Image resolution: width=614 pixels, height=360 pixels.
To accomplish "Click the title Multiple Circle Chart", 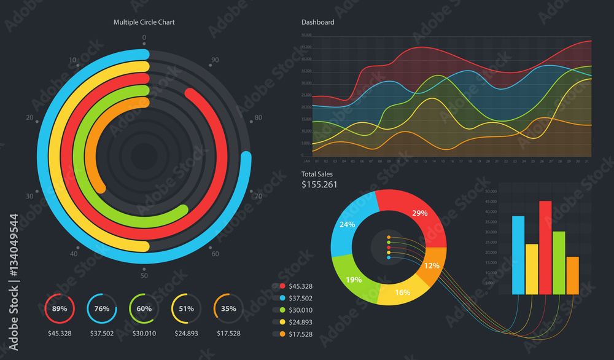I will (x=144, y=22).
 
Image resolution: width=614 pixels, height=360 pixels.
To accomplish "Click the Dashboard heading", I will (x=317, y=22).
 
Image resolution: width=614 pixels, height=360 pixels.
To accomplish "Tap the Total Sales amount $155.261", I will (x=319, y=184).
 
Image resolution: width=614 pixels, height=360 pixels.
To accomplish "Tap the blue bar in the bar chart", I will (x=518, y=255).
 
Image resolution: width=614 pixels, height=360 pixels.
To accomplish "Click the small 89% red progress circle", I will (x=60, y=309).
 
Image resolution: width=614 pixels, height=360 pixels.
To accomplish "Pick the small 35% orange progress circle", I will (x=228, y=309).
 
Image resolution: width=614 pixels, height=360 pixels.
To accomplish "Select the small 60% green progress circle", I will (x=144, y=309).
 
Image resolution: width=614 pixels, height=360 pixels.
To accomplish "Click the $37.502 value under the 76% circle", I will (x=102, y=334).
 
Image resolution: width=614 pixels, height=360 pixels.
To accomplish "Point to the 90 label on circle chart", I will (x=215, y=60).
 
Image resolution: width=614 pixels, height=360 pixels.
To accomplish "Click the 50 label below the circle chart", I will (x=144, y=276).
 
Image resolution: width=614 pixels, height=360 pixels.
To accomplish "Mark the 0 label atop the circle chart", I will (x=144, y=38).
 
